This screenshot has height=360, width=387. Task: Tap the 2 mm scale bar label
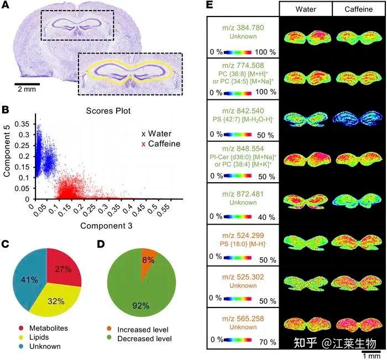[x=27, y=89]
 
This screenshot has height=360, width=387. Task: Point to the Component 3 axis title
[x=108, y=226]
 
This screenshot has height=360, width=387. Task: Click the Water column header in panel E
[x=305, y=9]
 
